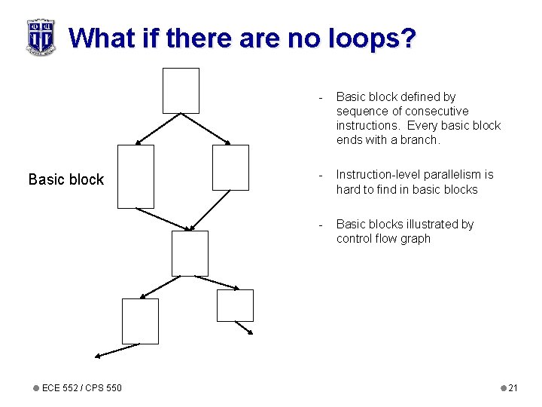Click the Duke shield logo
41,37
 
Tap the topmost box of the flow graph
181,90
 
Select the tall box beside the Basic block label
135,176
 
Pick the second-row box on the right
230,167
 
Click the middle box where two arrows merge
190,253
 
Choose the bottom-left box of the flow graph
140,321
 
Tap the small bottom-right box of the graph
235,305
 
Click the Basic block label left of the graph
66,179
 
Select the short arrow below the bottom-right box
244,329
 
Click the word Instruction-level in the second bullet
373,175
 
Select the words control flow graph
383,239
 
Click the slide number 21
513,388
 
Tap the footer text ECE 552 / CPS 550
81,388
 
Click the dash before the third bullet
321,225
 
